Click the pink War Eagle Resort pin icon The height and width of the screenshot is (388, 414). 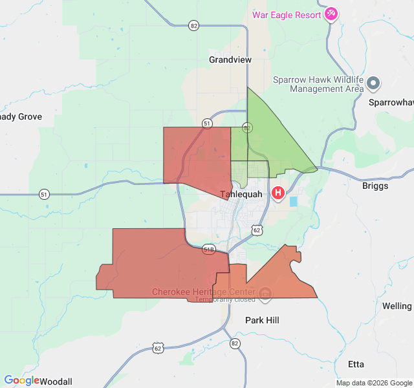331,14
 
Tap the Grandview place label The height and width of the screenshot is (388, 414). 230,59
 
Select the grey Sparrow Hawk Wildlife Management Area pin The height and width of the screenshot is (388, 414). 373,83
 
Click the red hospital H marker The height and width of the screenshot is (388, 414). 278,193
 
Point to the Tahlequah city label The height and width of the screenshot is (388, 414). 241,194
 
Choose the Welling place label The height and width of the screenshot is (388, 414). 397,306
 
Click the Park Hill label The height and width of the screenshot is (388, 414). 262,320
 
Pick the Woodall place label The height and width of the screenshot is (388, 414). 56,381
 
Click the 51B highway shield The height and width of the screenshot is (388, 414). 208,249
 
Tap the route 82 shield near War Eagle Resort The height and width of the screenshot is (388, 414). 194,25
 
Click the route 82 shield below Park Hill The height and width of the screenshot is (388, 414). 234,343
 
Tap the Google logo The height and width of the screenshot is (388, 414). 21,380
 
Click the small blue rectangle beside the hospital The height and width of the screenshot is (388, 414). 294,202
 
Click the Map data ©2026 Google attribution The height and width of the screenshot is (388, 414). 373,383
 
